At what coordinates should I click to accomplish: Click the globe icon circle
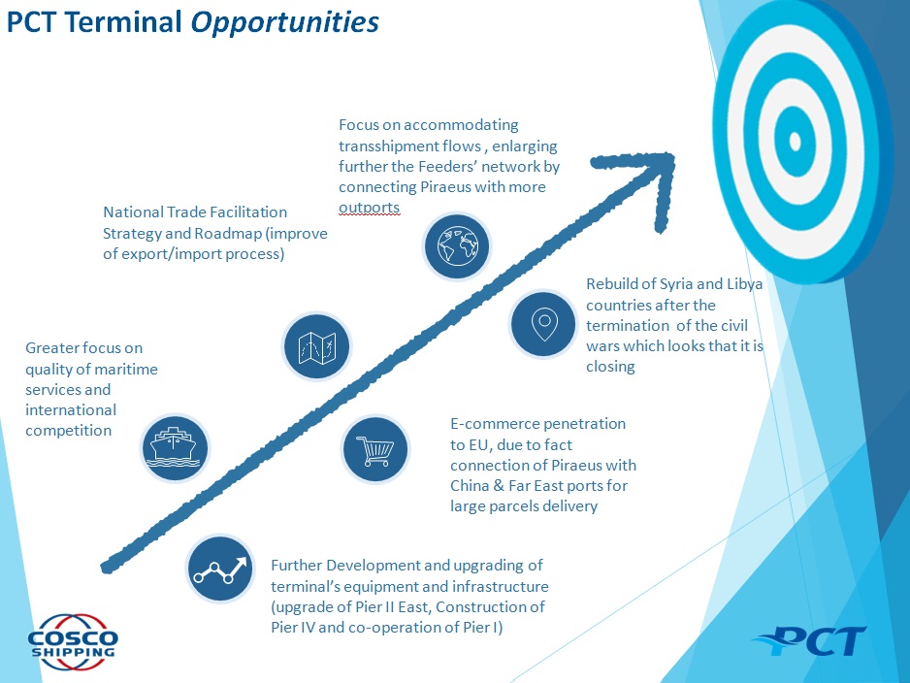click(x=457, y=246)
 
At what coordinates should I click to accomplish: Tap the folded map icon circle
click(x=317, y=346)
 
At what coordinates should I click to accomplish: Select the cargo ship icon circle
click(x=175, y=448)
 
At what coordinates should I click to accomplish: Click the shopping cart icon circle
click(x=375, y=449)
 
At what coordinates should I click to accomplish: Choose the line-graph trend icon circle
click(x=220, y=569)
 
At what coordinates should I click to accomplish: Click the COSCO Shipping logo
click(x=73, y=642)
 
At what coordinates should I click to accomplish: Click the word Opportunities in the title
click(x=284, y=23)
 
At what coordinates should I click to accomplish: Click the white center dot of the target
click(x=796, y=141)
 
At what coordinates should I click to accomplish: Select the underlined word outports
click(x=369, y=208)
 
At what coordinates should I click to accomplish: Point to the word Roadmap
click(x=228, y=233)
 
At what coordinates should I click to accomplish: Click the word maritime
click(x=128, y=369)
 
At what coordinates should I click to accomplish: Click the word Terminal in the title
click(x=123, y=22)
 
